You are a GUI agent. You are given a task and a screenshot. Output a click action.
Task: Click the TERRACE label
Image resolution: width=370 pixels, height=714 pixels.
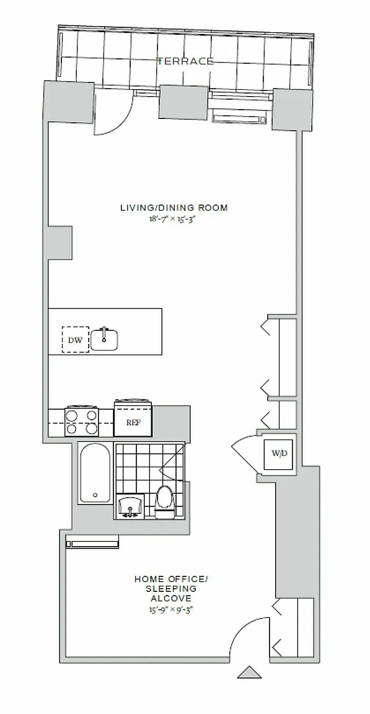(186, 61)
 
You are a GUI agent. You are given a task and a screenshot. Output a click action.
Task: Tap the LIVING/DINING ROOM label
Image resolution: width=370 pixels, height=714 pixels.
(174, 208)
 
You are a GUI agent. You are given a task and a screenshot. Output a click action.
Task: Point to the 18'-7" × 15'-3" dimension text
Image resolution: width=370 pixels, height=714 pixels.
(174, 219)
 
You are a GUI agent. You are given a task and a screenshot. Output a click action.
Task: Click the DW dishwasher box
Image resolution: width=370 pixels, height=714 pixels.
(76, 339)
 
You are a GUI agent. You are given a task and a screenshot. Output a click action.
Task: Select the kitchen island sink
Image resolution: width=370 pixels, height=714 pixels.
(104, 339)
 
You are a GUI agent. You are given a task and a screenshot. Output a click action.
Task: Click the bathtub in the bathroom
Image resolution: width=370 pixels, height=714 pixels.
(95, 473)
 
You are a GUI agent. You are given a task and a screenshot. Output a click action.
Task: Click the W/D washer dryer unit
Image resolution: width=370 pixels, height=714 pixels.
(280, 453)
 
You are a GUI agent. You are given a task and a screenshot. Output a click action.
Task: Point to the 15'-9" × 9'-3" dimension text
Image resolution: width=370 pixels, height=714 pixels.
(171, 610)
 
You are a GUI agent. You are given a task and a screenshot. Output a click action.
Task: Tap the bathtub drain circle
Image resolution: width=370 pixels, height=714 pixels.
(95, 495)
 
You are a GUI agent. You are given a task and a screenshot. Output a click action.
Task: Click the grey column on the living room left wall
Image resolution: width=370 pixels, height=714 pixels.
(58, 242)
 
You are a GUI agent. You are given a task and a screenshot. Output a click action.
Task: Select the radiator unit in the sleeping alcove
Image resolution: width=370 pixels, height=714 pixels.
(92, 543)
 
